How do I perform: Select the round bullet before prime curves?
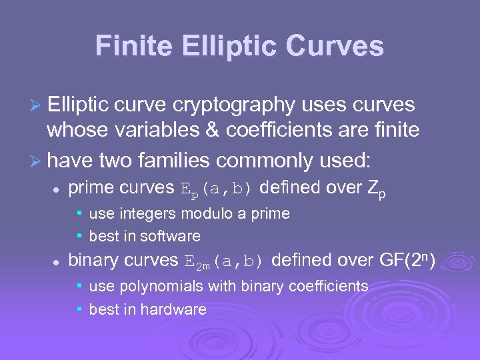(x=57, y=189)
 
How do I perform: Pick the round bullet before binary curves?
(x=57, y=261)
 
